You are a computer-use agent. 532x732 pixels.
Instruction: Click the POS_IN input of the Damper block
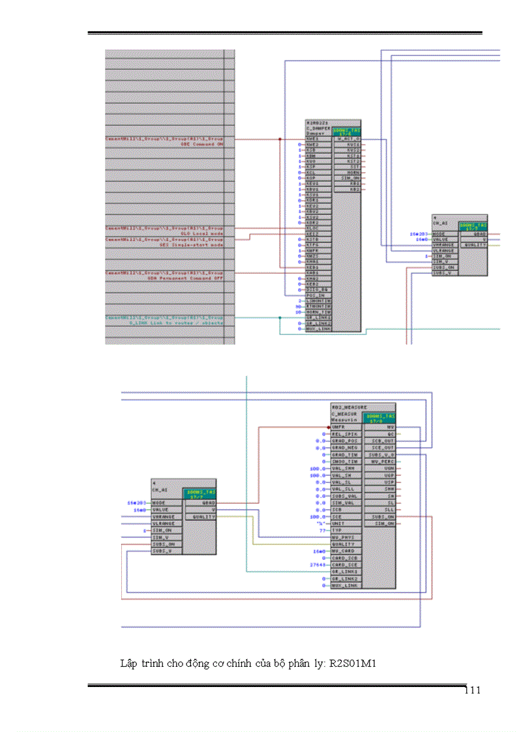tap(316, 295)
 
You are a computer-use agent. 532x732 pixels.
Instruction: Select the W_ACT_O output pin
tap(347, 139)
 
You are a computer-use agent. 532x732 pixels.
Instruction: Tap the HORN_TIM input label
tap(318, 312)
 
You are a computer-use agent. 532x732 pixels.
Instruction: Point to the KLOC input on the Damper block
tap(313, 228)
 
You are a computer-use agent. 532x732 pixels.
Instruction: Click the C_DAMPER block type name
tap(318, 128)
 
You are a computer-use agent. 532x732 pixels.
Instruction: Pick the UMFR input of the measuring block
tap(338, 428)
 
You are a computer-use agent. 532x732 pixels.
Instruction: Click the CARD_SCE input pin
tap(344, 564)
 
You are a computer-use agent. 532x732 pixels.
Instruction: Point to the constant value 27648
tap(318, 564)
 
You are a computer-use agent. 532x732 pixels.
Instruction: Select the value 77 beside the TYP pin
tap(322, 531)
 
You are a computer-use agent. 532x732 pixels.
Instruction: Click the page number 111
tap(473, 691)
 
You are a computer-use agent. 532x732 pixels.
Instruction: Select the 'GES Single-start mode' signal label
tap(193, 244)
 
